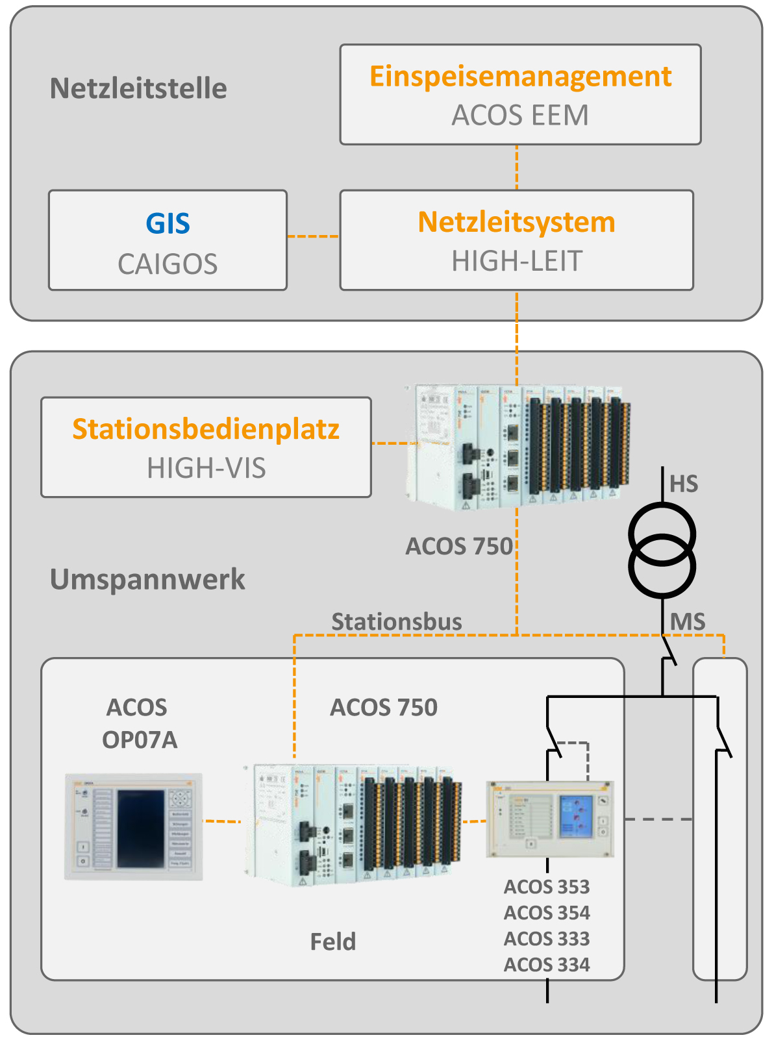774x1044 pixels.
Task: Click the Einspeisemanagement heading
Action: [520, 77]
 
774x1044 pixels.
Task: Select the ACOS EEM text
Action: [520, 116]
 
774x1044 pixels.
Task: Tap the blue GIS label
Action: [168, 224]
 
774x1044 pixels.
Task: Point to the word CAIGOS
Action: [168, 264]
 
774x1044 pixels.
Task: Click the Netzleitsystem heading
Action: [516, 222]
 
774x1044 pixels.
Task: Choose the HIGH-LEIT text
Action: [517, 261]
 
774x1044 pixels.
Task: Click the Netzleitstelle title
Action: [138, 89]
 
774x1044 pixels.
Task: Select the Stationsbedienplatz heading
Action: [206, 429]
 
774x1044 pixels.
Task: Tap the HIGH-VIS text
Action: [206, 468]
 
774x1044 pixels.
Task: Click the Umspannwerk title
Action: [147, 580]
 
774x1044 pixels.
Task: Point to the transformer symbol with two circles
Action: [662, 551]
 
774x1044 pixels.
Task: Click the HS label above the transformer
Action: [684, 484]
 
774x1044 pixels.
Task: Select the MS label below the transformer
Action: [688, 622]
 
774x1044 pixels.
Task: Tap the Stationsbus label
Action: [397, 622]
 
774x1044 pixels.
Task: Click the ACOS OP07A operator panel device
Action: [134, 826]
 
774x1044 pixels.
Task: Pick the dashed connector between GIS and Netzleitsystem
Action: [313, 236]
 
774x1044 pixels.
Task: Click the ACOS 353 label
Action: [547, 887]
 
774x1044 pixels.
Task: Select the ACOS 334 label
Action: [547, 965]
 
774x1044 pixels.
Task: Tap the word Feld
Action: [332, 942]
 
